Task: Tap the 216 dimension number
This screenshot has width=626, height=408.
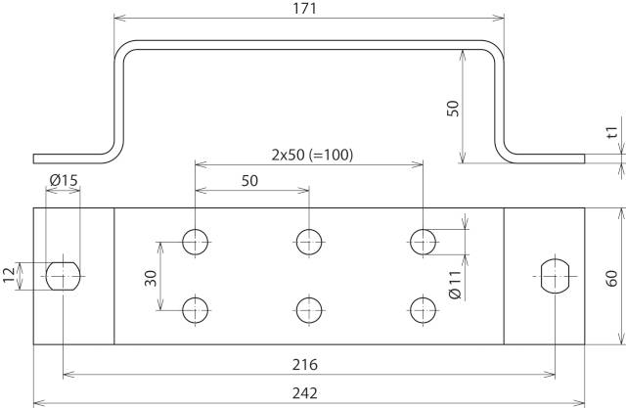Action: click(x=309, y=364)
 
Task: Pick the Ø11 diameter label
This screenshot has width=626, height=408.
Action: click(x=455, y=285)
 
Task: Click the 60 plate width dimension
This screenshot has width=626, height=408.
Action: click(x=611, y=276)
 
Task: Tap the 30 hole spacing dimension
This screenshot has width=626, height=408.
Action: click(x=152, y=277)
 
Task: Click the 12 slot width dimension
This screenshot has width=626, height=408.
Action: click(x=10, y=277)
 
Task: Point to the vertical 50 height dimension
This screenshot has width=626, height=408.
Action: click(x=452, y=108)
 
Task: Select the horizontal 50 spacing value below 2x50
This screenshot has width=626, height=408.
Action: click(x=250, y=181)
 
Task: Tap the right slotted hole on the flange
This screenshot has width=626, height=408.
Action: click(x=555, y=276)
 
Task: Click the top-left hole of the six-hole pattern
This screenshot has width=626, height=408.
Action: click(x=196, y=241)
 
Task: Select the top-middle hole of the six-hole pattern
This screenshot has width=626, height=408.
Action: click(x=310, y=241)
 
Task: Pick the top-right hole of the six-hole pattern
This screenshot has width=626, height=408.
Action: click(x=424, y=241)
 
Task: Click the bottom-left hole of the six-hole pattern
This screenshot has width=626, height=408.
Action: click(x=196, y=310)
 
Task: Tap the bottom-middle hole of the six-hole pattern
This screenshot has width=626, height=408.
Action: click(x=310, y=310)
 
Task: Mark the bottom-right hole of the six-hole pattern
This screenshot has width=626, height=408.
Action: click(x=424, y=310)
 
